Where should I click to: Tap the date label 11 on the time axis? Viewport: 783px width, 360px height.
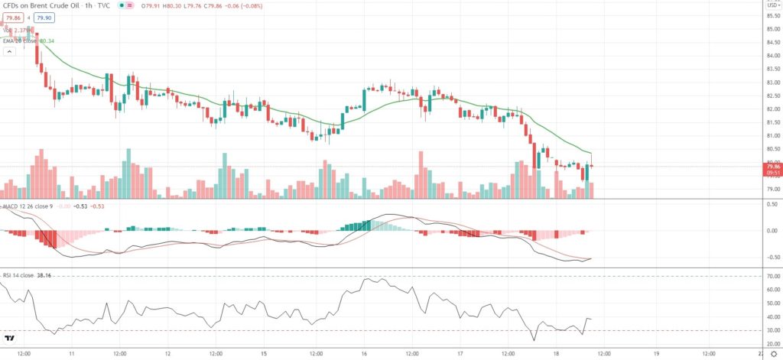click(x=70, y=354)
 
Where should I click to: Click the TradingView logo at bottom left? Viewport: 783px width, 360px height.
click(x=11, y=339)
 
